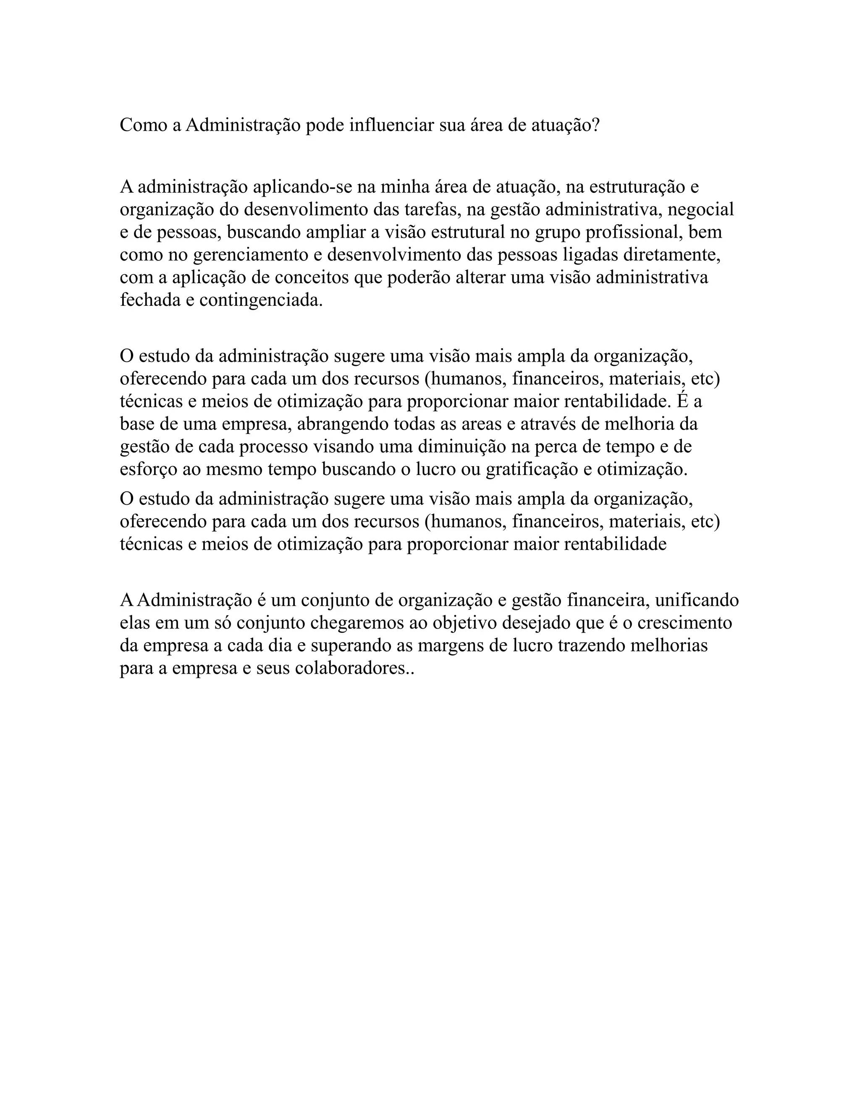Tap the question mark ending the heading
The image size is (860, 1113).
pyautogui.click(x=595, y=125)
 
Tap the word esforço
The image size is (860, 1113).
pyautogui.click(x=148, y=469)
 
